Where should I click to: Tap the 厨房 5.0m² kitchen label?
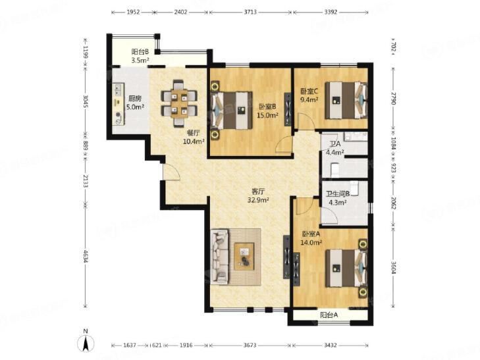135,103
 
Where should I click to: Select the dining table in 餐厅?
179,104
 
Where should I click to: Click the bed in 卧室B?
231,110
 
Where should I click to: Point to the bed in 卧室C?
346,100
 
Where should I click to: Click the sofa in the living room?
220,256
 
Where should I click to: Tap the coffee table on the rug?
244,256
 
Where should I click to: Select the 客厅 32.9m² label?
258,195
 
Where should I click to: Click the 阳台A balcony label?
329,315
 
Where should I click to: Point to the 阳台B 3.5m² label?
140,56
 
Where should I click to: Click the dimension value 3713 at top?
250,13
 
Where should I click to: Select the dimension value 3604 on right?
394,267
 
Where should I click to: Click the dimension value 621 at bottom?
157,346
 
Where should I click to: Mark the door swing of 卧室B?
284,144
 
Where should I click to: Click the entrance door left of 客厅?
171,172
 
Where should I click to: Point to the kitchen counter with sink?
119,104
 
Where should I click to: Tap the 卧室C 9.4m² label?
309,95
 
